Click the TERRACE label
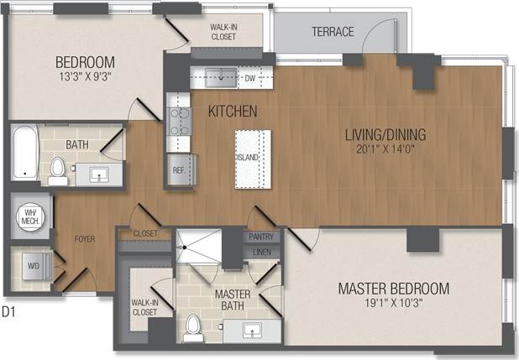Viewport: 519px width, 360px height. point(333,32)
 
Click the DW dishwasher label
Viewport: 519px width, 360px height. point(249,78)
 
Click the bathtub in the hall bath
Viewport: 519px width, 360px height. point(25,153)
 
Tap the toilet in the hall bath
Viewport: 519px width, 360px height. point(58,170)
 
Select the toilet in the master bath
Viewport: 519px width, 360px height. point(193,327)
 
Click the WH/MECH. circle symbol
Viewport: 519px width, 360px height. point(29,217)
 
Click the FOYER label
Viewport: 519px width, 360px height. point(84,239)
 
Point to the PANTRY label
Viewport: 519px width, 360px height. point(261,237)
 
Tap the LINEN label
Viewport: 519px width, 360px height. point(261,252)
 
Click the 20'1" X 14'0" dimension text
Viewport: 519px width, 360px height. point(385,150)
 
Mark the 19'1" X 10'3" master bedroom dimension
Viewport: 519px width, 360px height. point(393,305)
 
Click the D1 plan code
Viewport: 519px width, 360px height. point(9,311)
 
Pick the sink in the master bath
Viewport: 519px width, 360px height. point(253,330)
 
